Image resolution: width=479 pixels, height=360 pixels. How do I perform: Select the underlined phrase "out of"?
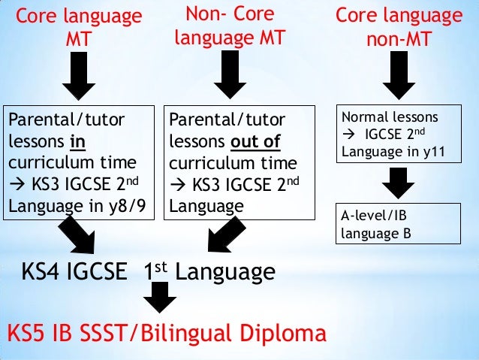[x=253, y=141]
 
